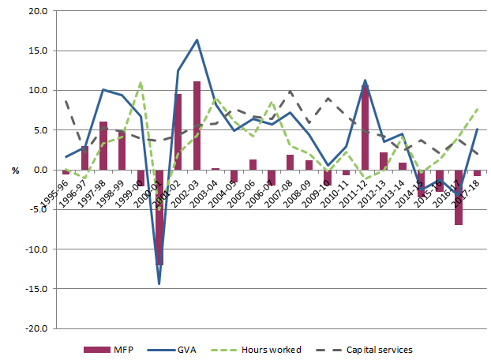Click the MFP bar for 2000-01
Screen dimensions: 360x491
[159, 217]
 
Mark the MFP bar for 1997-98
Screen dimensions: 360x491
[103, 146]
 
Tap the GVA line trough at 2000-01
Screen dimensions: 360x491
[159, 283]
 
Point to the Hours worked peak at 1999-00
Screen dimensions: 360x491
[141, 83]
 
